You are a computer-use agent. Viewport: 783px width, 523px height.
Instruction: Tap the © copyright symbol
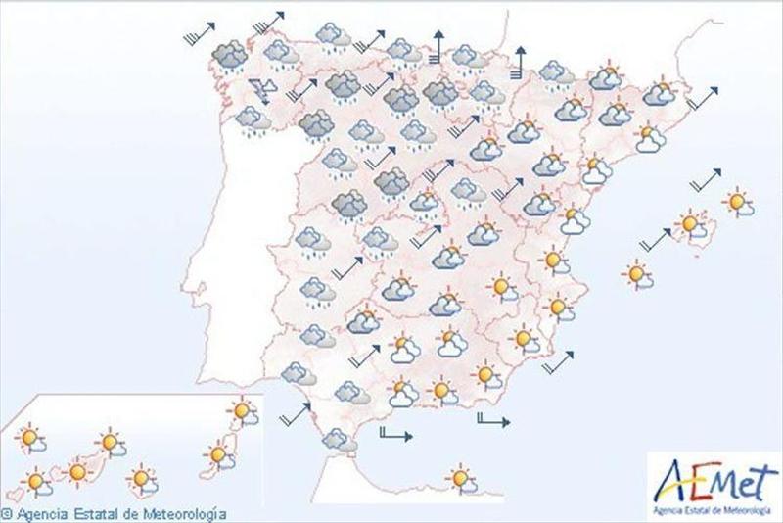pyautogui.click(x=6, y=513)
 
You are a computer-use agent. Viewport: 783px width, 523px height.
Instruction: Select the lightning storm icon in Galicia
pyautogui.click(x=262, y=91)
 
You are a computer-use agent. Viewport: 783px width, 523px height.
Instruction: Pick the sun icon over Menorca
pyautogui.click(x=738, y=203)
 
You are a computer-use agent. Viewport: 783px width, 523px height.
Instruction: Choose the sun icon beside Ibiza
pyautogui.click(x=638, y=275)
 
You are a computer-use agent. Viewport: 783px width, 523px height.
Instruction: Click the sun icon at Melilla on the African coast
pyautogui.click(x=459, y=479)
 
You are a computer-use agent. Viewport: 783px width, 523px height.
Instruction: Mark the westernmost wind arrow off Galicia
pyautogui.click(x=197, y=37)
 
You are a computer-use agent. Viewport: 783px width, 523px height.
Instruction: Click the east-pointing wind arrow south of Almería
pyautogui.click(x=491, y=422)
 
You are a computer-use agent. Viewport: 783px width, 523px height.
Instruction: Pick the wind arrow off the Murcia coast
pyautogui.click(x=557, y=363)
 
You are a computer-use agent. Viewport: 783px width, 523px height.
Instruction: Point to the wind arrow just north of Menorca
pyautogui.click(x=705, y=180)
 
